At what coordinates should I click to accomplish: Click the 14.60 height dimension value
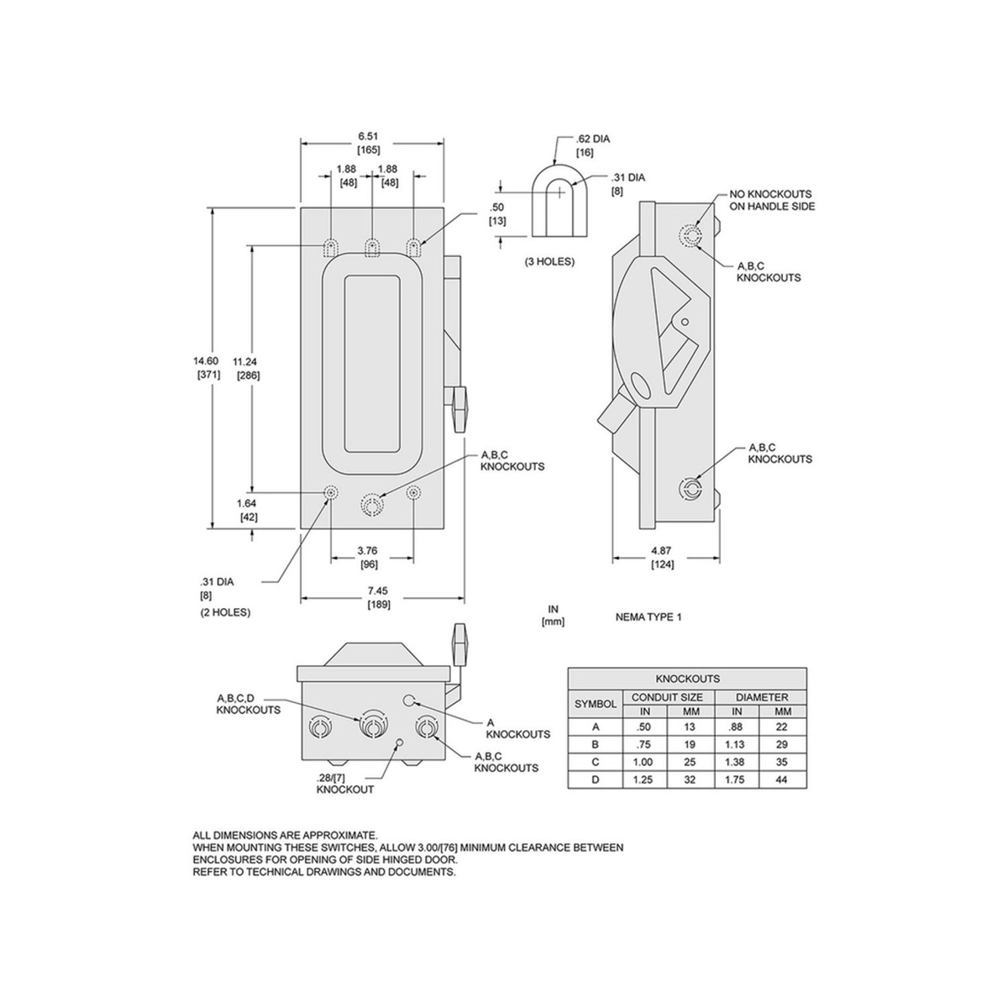206,361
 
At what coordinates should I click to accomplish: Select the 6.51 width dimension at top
368,136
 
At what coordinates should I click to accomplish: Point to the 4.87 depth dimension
661,551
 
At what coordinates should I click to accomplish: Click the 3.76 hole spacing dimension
367,550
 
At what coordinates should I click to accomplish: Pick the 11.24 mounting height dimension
245,361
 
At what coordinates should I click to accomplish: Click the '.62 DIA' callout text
593,139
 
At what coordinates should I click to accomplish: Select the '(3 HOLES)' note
549,261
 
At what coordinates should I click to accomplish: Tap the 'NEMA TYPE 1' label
648,617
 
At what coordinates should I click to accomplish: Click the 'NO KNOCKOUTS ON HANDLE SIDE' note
772,201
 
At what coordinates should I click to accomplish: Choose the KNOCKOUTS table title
687,679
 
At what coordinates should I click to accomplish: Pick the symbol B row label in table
596,744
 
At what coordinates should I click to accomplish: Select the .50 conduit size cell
645,727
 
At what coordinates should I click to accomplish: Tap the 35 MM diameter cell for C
781,762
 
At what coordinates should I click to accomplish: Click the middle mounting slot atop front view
372,248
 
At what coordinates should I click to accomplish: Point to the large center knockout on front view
372,505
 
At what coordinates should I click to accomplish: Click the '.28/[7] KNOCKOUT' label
344,784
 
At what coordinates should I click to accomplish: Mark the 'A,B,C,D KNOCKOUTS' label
249,704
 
